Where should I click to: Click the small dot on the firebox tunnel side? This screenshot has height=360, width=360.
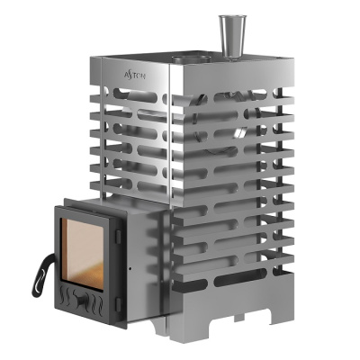(x=132, y=268)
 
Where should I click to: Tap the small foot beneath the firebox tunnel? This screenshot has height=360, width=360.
(x=160, y=323)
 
